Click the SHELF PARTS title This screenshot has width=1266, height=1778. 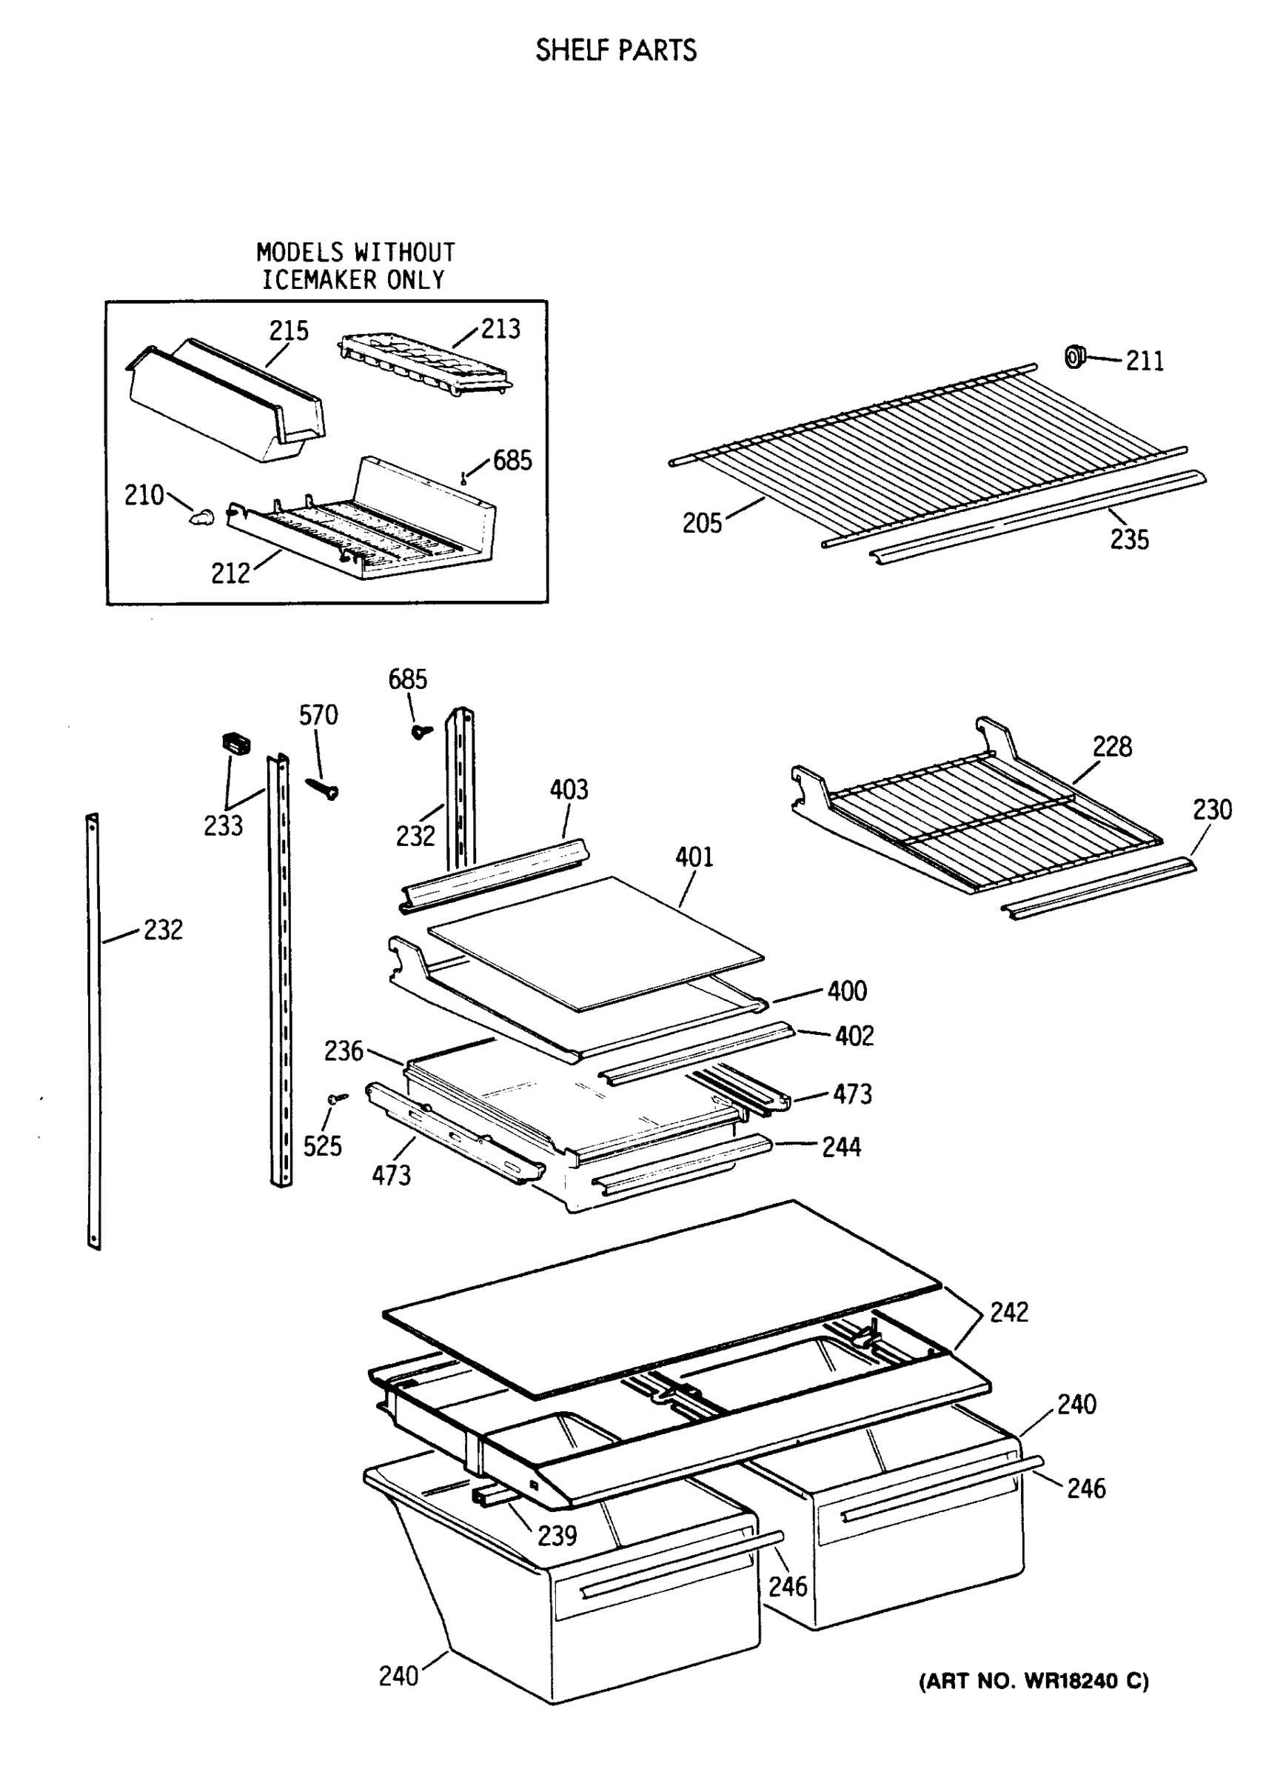pyautogui.click(x=616, y=50)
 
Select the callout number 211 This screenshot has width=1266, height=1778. pyautogui.click(x=1144, y=361)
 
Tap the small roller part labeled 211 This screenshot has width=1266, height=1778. pyautogui.click(x=1075, y=356)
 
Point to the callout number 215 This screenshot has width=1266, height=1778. pyautogui.click(x=289, y=330)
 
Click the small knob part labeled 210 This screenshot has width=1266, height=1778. pyautogui.click(x=202, y=516)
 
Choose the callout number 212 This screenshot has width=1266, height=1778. pyautogui.click(x=230, y=573)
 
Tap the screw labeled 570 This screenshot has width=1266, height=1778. pyautogui.click(x=323, y=789)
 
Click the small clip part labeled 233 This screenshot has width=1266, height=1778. pyautogui.click(x=236, y=742)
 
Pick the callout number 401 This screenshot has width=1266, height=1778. pyautogui.click(x=694, y=857)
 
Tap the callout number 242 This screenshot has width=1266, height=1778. pyautogui.click(x=1009, y=1312)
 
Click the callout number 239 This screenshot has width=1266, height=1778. pyautogui.click(x=557, y=1536)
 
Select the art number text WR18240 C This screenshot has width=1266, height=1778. pyautogui.click(x=1034, y=1681)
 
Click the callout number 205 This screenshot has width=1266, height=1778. pyautogui.click(x=702, y=522)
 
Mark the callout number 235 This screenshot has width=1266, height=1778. pyautogui.click(x=1129, y=539)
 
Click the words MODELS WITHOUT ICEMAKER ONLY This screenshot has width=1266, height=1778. pyautogui.click(x=355, y=266)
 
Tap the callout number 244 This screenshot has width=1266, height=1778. pyautogui.click(x=841, y=1146)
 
